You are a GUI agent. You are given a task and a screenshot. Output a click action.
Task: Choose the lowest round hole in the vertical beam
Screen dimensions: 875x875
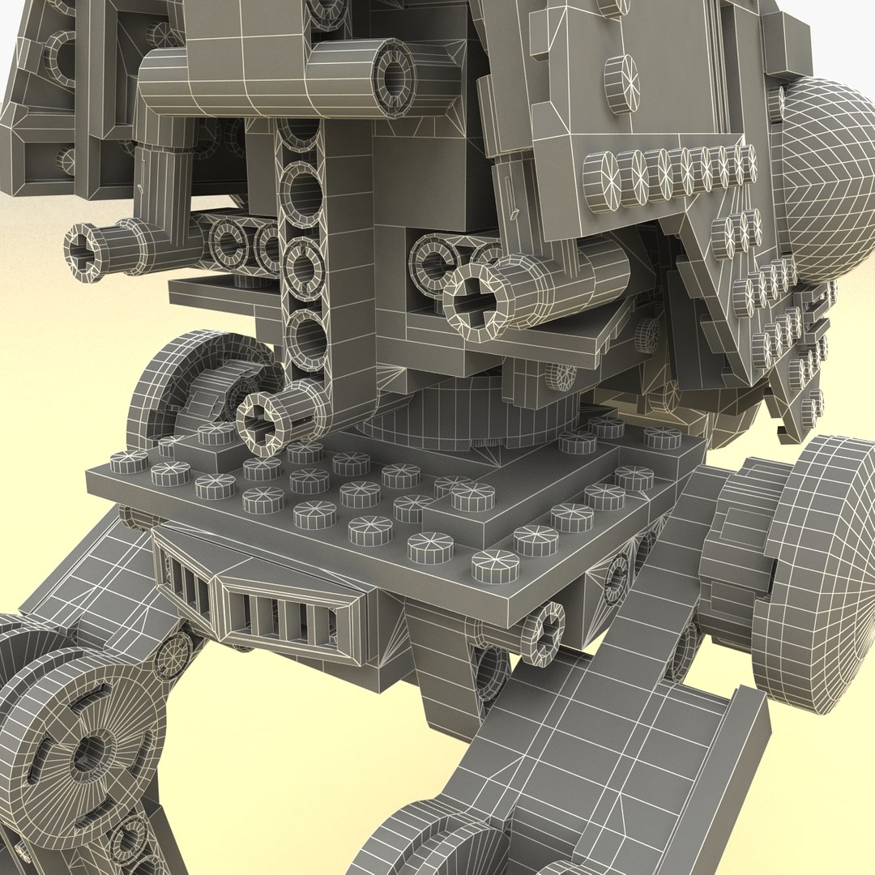click(x=306, y=336)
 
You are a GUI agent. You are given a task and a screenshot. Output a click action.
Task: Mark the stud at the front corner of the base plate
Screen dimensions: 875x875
click(x=495, y=565)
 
